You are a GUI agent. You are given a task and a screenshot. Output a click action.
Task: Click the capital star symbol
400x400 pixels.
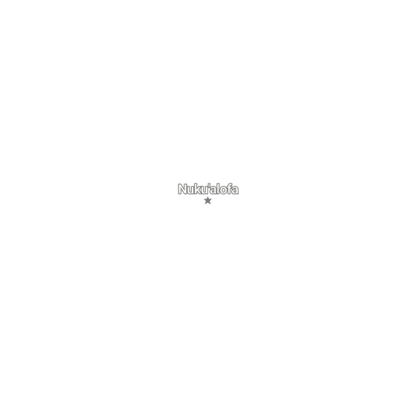208,201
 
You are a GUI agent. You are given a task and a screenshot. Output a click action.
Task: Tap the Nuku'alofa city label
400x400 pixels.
208,189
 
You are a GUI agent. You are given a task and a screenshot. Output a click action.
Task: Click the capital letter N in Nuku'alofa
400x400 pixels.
183,189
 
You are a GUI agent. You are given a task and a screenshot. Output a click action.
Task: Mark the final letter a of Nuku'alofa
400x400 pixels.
235,190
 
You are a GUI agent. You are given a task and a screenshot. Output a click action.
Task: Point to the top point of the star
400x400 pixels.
208,197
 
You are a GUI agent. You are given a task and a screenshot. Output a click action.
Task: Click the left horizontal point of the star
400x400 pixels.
204,200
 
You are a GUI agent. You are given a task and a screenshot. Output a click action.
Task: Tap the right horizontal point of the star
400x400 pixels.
212,200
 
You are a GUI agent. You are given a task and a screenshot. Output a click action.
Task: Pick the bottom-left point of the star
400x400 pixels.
206,204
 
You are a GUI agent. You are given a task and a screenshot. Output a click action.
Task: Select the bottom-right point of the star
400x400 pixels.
210,204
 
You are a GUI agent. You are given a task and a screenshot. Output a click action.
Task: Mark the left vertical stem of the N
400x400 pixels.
180,189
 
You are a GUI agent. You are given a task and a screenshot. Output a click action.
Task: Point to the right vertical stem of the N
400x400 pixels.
186,189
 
